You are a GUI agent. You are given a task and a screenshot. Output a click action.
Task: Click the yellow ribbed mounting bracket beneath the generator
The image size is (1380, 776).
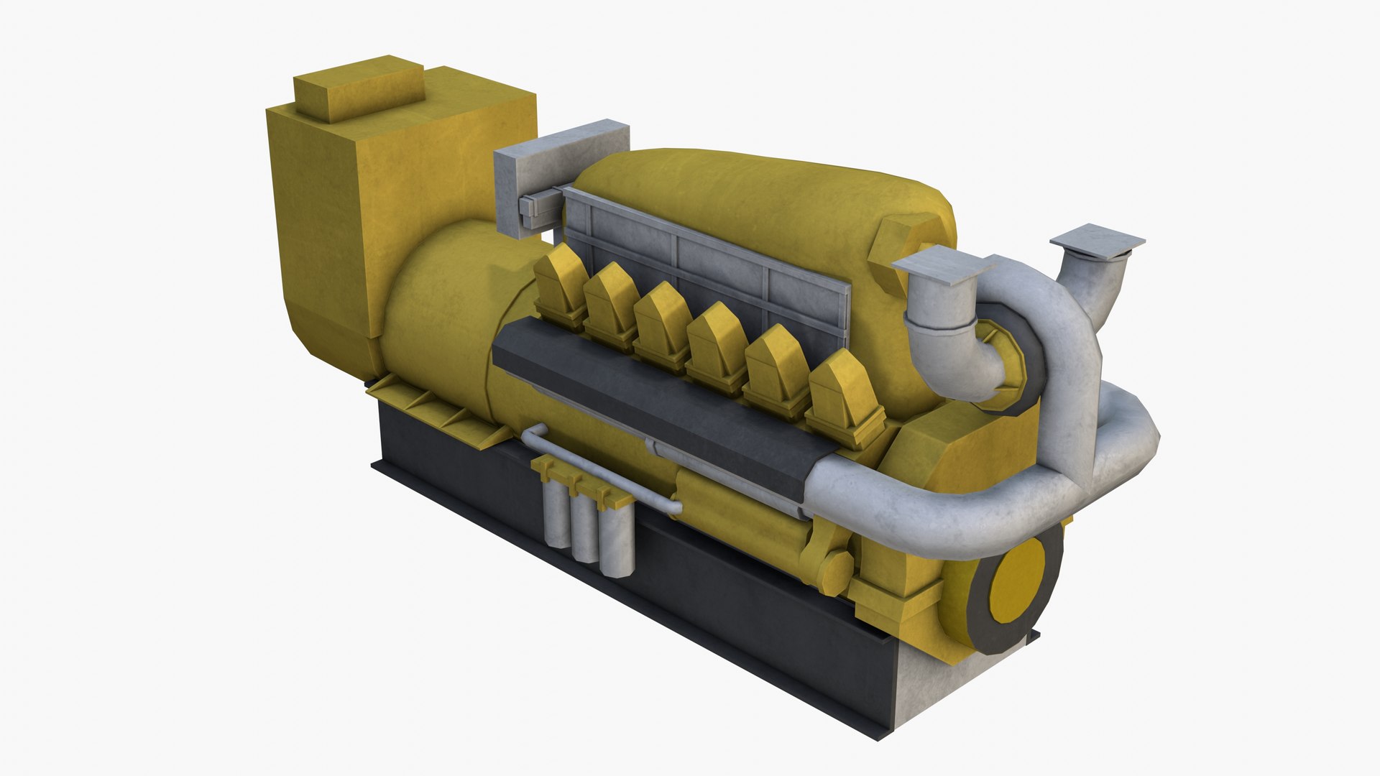(x=438, y=410)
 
